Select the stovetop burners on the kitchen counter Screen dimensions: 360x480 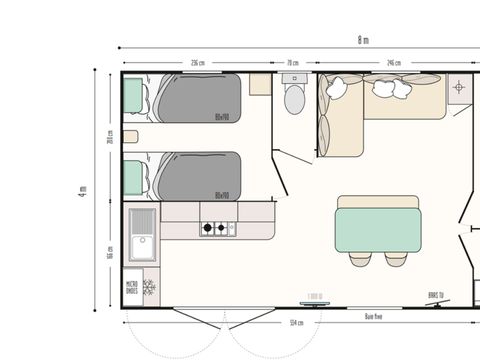[213, 228]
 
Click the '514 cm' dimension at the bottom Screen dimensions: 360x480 [296, 323]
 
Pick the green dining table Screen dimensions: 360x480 [378, 222]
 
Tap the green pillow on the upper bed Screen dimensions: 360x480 [134, 97]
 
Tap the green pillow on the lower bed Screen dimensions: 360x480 [134, 175]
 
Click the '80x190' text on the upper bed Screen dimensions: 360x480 [222, 117]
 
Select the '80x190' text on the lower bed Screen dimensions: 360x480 [222, 195]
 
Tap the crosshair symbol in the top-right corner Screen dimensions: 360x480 [459, 87]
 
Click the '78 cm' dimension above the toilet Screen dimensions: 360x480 [293, 63]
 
